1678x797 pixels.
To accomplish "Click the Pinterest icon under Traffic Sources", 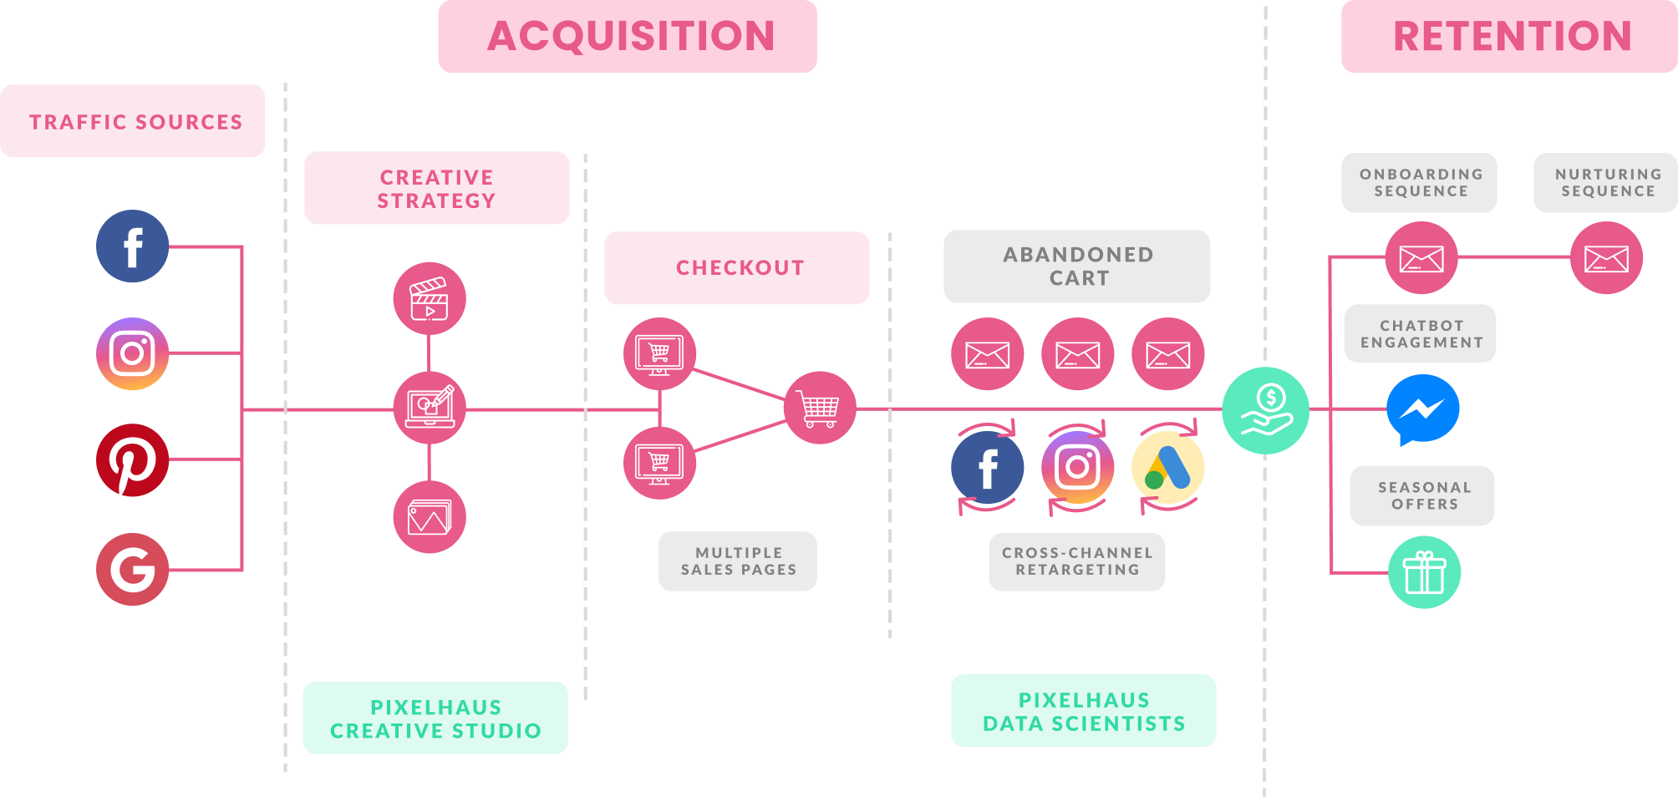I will (132, 460).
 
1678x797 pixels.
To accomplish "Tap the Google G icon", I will (132, 570).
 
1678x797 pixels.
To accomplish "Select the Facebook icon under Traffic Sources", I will (132, 246).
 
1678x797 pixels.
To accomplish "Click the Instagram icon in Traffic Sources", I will (132, 353).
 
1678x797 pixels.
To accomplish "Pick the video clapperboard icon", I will (430, 299).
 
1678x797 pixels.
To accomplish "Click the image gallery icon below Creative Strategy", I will (430, 517).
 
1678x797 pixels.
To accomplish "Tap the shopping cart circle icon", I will (820, 408).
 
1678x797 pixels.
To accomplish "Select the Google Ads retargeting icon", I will (1167, 468).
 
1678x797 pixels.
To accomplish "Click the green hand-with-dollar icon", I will (1265, 410).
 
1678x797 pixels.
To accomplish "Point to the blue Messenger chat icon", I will (1422, 410).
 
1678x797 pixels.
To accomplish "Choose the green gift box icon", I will (1424, 572).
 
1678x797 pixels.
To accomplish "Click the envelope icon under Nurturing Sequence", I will (1606, 258).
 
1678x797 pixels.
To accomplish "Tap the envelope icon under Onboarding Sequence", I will (1421, 258).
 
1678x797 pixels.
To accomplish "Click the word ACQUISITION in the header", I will (631, 36).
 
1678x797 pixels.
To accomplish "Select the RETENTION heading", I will (1512, 37).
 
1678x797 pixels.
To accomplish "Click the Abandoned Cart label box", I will (1077, 267).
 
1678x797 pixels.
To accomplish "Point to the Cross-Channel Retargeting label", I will (1077, 561).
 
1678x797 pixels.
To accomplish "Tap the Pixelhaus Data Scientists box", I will (1084, 711).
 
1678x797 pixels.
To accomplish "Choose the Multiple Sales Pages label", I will (738, 561).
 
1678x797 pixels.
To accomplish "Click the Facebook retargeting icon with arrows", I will (987, 468).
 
